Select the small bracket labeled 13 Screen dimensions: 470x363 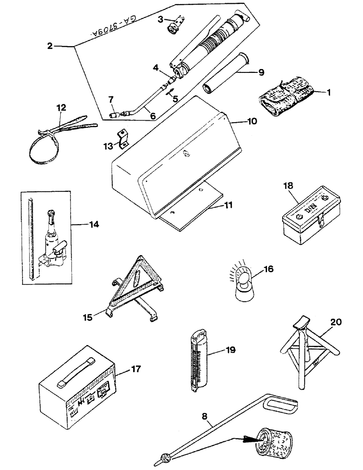tap(124, 137)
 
